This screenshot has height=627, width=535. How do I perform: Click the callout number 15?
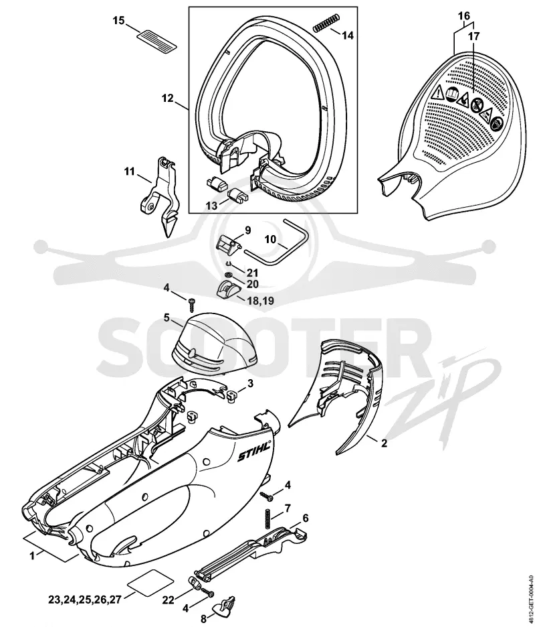tap(119, 20)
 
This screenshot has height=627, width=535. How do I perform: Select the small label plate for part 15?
tap(157, 40)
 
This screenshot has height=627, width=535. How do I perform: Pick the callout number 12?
tap(168, 98)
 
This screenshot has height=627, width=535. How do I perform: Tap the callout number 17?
tap(473, 36)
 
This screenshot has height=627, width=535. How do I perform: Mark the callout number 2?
tap(384, 443)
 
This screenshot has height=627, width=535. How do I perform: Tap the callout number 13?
tap(211, 206)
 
